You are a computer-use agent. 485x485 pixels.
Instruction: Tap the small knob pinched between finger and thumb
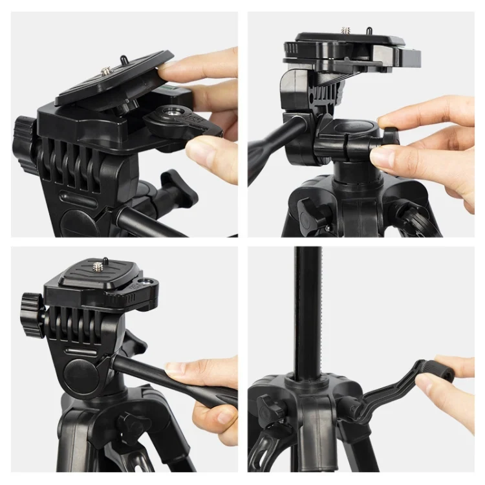[389, 137]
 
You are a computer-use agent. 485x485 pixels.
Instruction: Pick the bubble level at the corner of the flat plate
[149, 283]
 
